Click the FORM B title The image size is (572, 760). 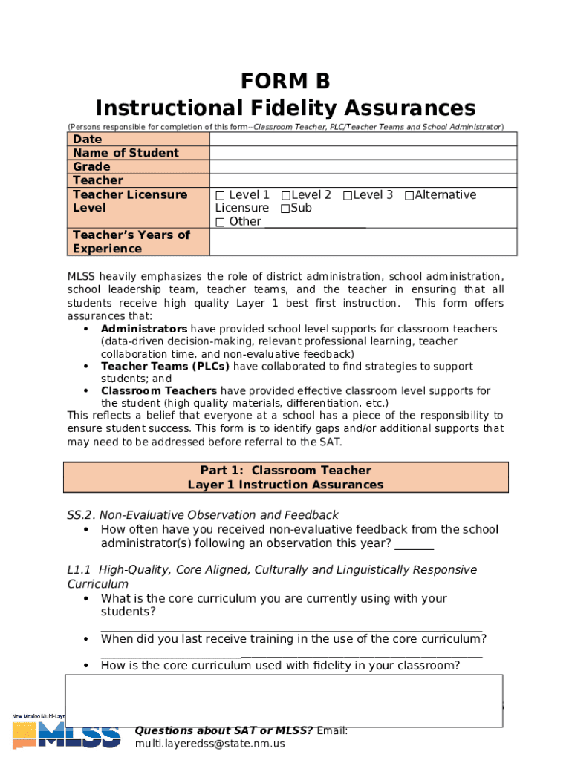(x=285, y=80)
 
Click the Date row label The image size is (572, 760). (x=87, y=140)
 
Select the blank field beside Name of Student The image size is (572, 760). (x=363, y=153)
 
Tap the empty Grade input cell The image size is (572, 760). (x=363, y=167)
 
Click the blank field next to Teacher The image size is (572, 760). (x=363, y=180)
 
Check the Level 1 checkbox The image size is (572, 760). (x=220, y=195)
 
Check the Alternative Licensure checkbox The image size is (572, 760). (x=409, y=195)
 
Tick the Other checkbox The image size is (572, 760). (x=220, y=222)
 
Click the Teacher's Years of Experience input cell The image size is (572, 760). (x=363, y=242)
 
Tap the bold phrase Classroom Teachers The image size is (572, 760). (x=159, y=391)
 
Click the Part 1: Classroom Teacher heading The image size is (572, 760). (x=285, y=471)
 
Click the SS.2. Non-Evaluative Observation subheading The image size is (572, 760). (x=203, y=515)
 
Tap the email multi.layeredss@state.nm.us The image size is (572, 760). (x=209, y=744)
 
